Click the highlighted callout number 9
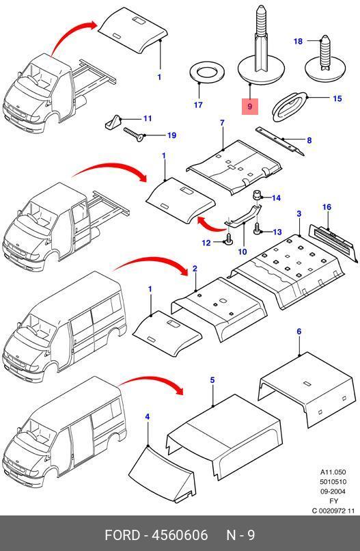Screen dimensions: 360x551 coord(250,106)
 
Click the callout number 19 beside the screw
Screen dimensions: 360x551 coord(171,135)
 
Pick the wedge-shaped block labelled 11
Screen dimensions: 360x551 coord(113,122)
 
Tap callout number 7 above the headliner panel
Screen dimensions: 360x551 coord(222,123)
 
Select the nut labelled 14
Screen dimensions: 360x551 coord(258,194)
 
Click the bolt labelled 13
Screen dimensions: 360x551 coord(258,229)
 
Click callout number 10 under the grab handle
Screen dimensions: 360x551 coord(243,252)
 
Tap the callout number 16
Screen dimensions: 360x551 coord(327,207)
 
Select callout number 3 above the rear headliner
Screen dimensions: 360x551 coord(299,214)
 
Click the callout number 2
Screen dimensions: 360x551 coord(195,269)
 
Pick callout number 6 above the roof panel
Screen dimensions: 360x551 coord(299,332)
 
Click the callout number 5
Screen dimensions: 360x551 coord(212,380)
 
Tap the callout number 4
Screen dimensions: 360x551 coord(148,417)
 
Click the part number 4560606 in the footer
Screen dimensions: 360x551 coord(180,535)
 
